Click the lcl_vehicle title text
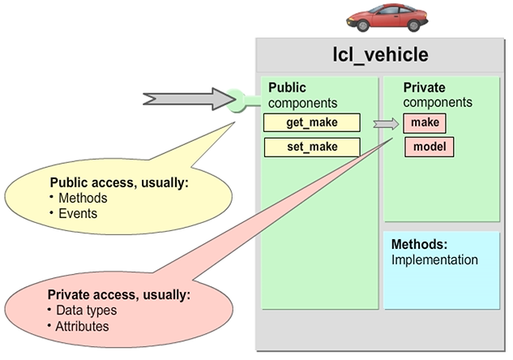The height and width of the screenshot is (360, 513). point(380,55)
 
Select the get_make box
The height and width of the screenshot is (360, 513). point(311,122)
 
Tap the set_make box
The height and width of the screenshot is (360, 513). point(311,147)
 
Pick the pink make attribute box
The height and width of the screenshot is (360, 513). point(425,122)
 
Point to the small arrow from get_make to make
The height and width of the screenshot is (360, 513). point(386,123)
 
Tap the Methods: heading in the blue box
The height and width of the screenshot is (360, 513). point(419,245)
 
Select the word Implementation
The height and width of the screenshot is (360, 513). point(434,260)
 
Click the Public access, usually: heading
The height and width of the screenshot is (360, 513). point(119,183)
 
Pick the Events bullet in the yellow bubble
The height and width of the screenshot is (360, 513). point(77,213)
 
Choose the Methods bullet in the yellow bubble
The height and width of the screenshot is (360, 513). point(81,198)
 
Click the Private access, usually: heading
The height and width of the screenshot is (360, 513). point(119,295)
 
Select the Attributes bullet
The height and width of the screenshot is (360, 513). point(83,326)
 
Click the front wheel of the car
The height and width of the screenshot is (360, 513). point(363,26)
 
